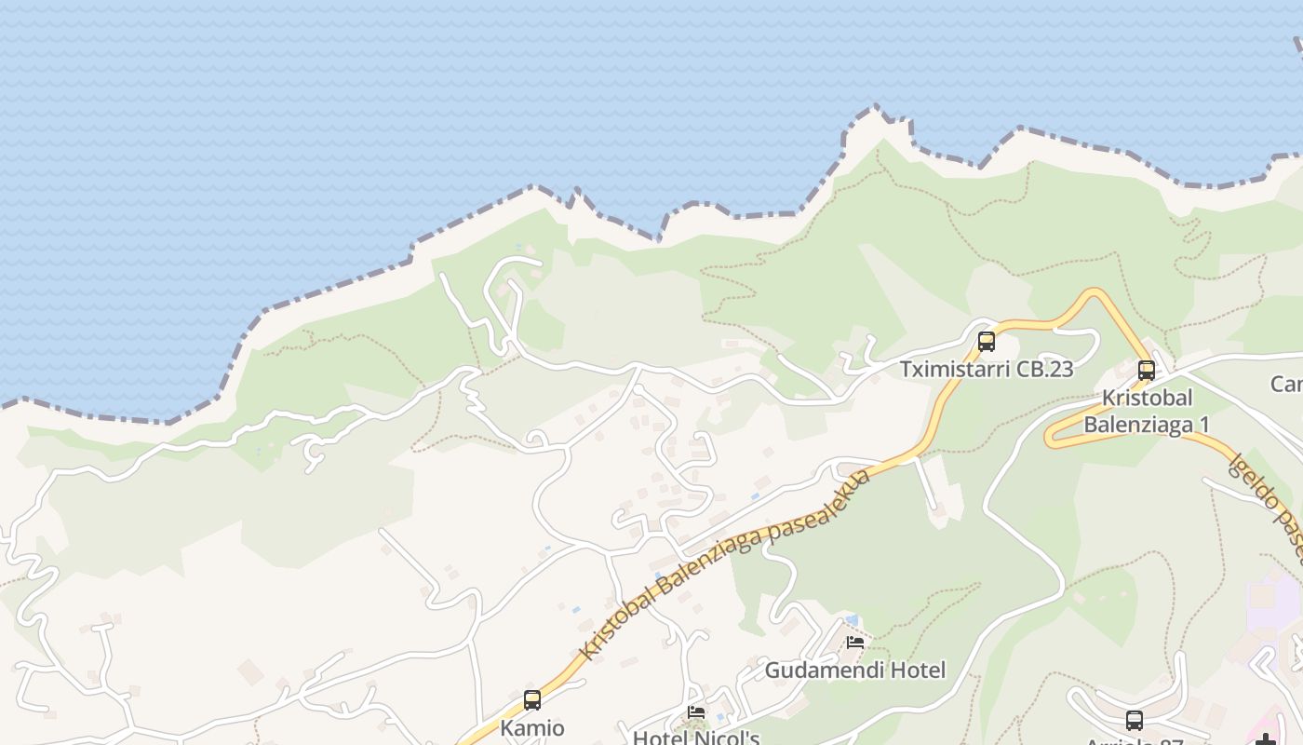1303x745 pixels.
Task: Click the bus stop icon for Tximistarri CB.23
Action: [987, 342]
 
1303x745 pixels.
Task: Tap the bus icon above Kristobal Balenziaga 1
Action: [1147, 371]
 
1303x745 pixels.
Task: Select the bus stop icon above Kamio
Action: [532, 699]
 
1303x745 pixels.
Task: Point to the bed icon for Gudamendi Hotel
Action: [855, 643]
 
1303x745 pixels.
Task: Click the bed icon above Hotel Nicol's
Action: [696, 713]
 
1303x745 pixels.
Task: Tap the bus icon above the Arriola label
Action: [1135, 720]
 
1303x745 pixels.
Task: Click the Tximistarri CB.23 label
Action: [987, 369]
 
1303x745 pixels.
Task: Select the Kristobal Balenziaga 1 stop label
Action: [1147, 411]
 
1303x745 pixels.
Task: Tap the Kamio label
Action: [532, 727]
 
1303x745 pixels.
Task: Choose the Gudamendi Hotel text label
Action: [855, 670]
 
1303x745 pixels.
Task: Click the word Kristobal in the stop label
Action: [1147, 398]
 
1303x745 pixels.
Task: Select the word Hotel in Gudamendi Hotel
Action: [916, 670]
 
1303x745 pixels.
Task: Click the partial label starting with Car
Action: [1287, 384]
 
